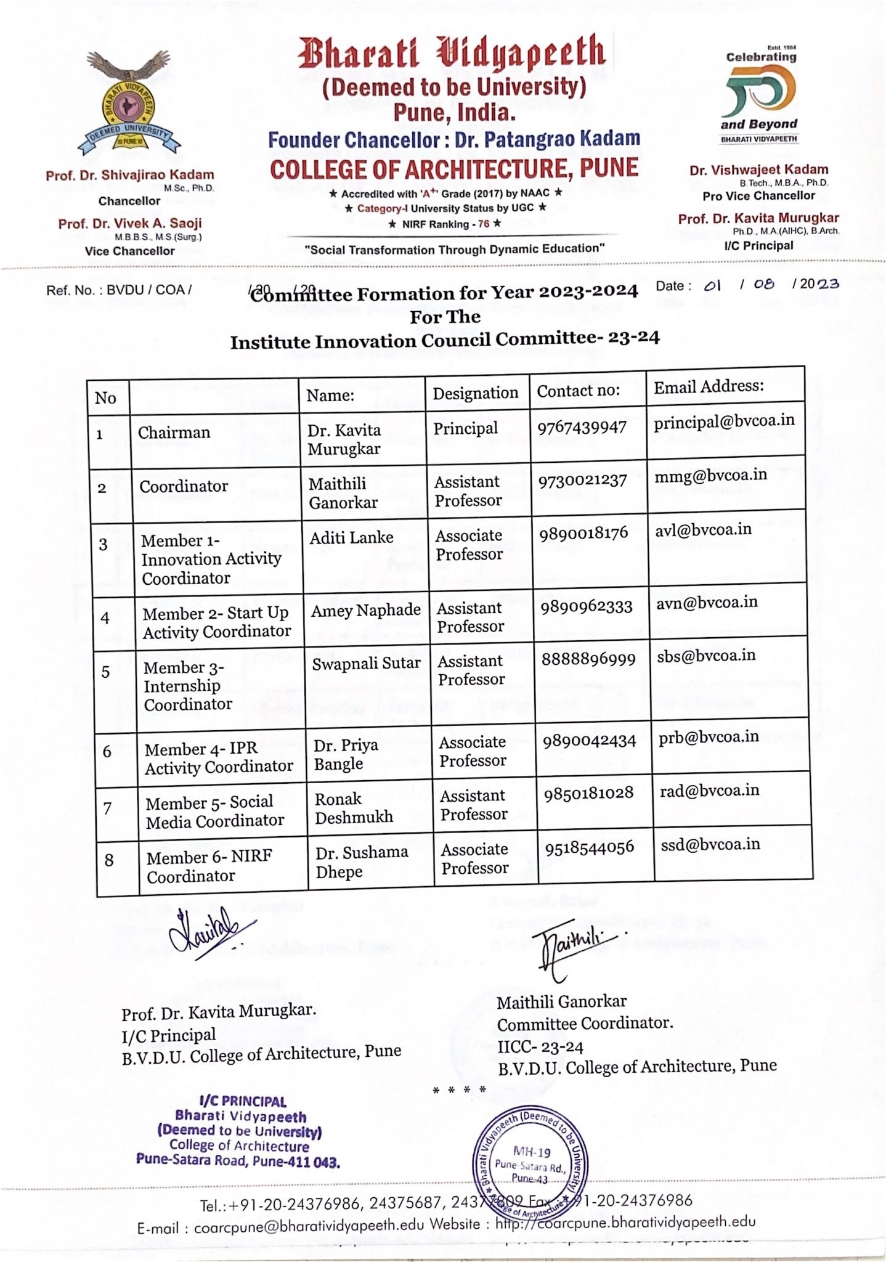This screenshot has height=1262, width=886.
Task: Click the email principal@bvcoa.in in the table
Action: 724,421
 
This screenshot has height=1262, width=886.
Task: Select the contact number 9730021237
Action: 582,481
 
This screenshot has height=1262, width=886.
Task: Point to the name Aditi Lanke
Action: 351,538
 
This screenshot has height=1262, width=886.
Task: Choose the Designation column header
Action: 475,393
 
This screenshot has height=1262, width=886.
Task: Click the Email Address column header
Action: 709,386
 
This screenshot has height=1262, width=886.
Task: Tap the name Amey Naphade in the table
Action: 365,611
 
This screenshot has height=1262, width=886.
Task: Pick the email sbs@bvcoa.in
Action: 706,656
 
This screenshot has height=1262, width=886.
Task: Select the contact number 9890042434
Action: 589,741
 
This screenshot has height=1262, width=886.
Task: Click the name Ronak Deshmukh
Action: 354,808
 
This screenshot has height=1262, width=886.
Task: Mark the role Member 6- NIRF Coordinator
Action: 209,866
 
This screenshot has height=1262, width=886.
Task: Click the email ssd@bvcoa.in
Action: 710,844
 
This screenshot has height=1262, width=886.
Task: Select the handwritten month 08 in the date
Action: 764,284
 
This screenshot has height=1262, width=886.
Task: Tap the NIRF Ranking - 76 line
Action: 444,224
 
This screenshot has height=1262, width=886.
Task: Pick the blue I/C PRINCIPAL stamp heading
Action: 243,1102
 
